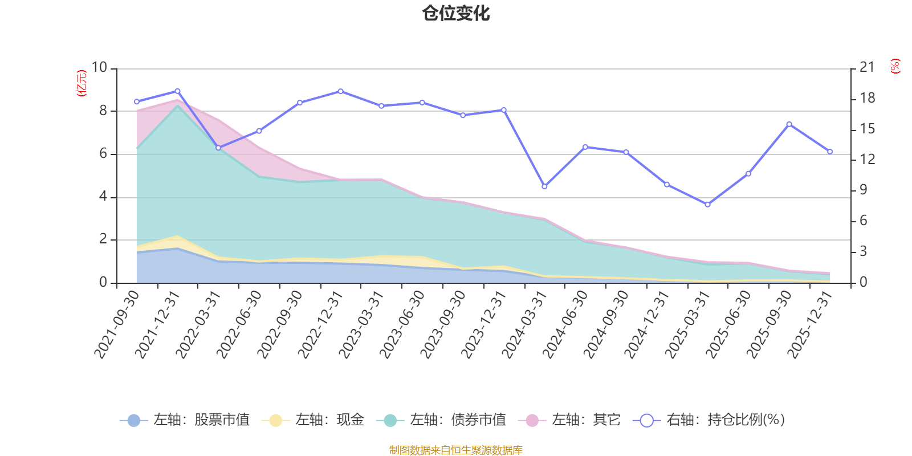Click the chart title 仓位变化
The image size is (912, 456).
[x=456, y=13]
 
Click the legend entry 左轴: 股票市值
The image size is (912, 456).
[x=185, y=420]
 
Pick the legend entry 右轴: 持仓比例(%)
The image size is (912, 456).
[x=709, y=420]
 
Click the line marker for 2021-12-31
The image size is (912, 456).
[x=177, y=91]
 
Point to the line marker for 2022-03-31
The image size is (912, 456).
[x=218, y=148]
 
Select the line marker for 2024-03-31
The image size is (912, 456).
[x=544, y=186]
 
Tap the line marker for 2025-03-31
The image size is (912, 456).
[x=708, y=204]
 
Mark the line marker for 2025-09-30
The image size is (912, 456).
[x=789, y=124]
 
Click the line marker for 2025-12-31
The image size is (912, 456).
[x=830, y=152]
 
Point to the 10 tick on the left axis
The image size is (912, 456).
[x=99, y=68]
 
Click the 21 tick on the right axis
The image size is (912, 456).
[x=867, y=68]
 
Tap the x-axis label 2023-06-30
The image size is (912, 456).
[x=402, y=324]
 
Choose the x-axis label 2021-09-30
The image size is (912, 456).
[x=117, y=324]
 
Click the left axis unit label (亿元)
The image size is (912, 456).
[x=82, y=83]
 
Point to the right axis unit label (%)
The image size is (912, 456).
[x=895, y=66]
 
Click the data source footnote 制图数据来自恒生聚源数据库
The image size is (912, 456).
[x=456, y=450]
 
